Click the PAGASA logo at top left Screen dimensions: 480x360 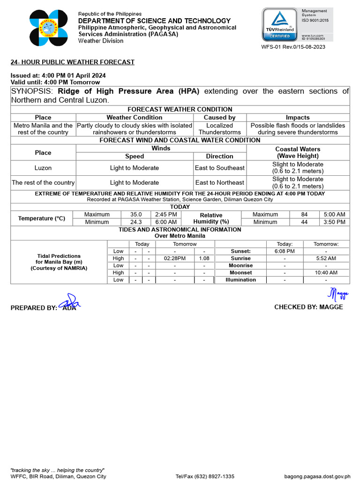tap(49, 28)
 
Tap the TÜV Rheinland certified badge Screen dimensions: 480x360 tap(280, 24)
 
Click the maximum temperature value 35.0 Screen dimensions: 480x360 tap(136, 215)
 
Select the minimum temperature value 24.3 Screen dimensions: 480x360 tap(136, 222)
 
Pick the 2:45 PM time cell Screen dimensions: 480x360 tap(166, 215)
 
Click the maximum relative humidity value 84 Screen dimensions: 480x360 tap(304, 215)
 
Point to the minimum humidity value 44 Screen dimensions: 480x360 tap(304, 222)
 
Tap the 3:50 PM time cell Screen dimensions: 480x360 tap(334, 222)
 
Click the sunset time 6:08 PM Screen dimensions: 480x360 tap(285, 251)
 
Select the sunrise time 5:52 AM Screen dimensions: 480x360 tap(326, 258)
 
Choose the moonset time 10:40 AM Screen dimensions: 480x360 tap(326, 272)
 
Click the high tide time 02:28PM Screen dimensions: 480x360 tap(174, 258)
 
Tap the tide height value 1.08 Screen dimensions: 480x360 tap(204, 258)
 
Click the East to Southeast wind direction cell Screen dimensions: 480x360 tap(219, 168)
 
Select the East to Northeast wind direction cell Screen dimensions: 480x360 tap(219, 182)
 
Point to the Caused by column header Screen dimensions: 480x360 tap(219, 118)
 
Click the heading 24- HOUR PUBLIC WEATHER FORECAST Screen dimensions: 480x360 tap(73, 62)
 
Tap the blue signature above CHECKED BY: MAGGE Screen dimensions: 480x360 tap(338, 294)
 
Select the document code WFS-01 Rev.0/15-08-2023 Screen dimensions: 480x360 tap(293, 47)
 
